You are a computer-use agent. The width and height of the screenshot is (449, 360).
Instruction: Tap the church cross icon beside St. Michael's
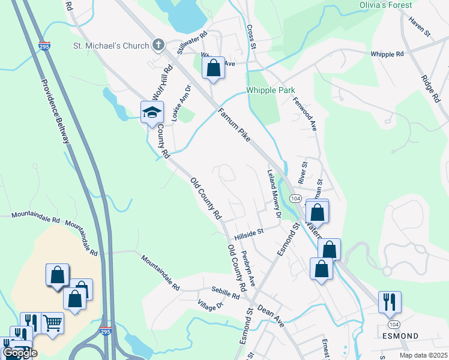point(159,44)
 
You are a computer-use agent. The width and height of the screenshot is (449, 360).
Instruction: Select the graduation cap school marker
point(152,112)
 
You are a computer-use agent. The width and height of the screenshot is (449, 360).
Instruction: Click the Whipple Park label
point(270,91)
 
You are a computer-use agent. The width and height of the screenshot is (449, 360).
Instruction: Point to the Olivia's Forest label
point(386,5)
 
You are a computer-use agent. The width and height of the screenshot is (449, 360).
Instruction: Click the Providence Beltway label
point(55,111)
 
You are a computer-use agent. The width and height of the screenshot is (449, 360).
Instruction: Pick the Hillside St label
point(250,232)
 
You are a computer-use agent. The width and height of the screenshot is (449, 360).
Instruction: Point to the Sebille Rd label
point(226,292)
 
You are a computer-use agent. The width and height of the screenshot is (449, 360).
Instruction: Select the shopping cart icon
point(52,323)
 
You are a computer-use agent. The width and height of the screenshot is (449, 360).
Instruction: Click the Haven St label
point(420,29)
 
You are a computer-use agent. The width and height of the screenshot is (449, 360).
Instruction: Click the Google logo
point(20,353)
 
